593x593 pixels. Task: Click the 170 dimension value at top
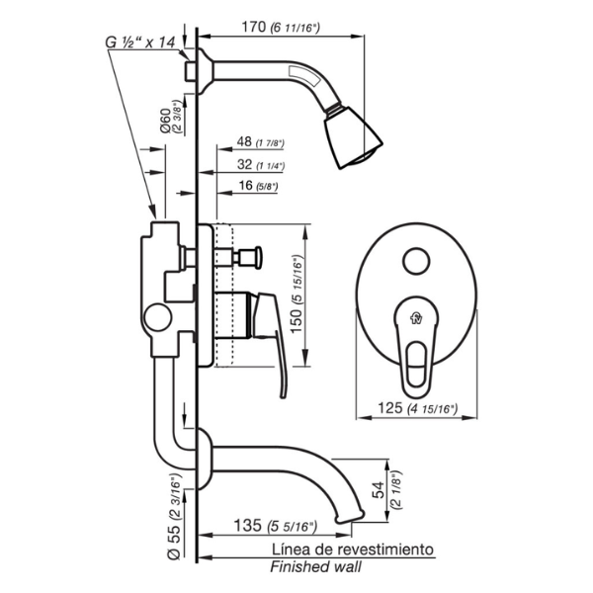point(254,28)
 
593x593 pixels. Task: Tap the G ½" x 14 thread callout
point(140,42)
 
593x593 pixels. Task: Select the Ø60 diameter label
point(165,121)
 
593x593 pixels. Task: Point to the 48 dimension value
point(244,141)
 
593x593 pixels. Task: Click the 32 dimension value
point(245,164)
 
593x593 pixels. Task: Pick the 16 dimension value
point(246,186)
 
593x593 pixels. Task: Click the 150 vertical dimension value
point(296,320)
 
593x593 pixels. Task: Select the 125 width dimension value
point(390,408)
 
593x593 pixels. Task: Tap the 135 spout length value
point(248,526)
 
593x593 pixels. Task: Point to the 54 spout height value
point(380,490)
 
